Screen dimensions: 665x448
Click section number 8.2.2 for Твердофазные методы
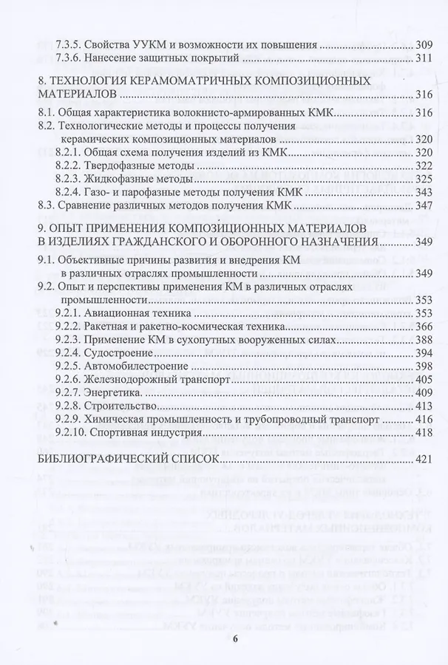(x=70, y=166)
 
